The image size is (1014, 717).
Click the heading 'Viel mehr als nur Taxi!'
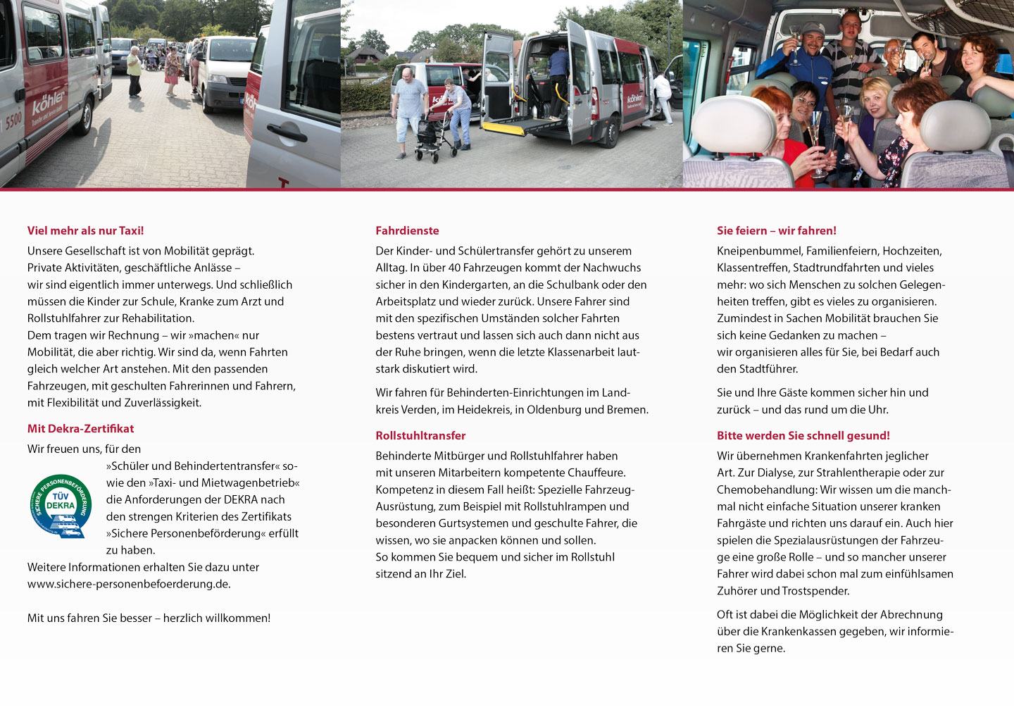[85, 230]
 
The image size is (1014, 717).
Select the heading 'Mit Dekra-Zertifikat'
[80, 428]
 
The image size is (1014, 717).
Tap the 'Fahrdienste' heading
[407, 230]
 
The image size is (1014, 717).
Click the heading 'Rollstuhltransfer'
[420, 435]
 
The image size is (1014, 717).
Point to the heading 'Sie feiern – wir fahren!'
[776, 230]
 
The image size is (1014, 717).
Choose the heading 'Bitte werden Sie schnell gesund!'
[803, 435]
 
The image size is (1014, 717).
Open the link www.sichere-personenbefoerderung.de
[129, 584]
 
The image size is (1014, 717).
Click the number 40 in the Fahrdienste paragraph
[454, 268]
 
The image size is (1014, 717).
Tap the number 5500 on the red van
[13, 121]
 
